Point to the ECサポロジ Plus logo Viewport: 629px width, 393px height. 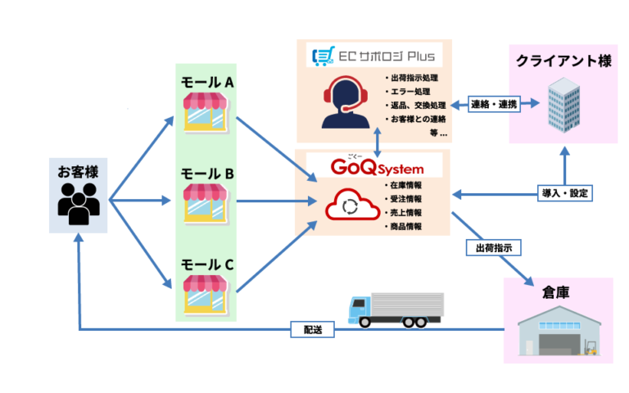pyautogui.click(x=373, y=56)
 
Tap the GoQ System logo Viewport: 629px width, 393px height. pyautogui.click(x=373, y=166)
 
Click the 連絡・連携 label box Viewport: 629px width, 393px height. pyautogui.click(x=492, y=105)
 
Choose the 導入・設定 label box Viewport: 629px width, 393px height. pyautogui.click(x=565, y=194)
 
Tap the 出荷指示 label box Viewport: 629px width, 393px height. pyautogui.click(x=493, y=246)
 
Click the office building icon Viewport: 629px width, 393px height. pyautogui.click(x=566, y=105)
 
